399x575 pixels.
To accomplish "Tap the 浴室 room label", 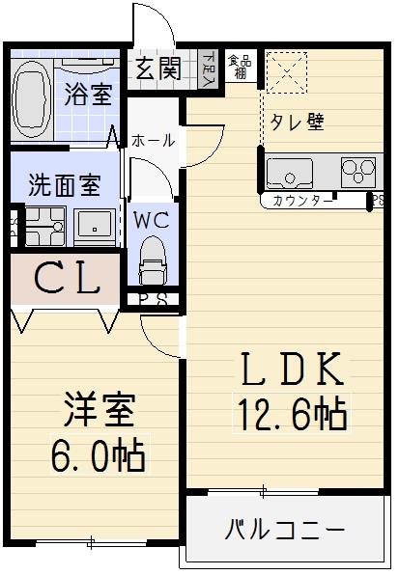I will (88, 95).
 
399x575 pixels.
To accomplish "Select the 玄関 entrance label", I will (157, 68).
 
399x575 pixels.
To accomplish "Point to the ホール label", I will (153, 140).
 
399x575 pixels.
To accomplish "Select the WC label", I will (152, 219).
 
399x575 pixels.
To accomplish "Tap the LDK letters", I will (288, 370).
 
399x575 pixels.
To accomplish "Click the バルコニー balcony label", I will (286, 530).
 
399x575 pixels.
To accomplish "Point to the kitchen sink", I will (289, 175).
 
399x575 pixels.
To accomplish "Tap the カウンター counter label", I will (303, 201).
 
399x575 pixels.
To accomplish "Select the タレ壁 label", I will (296, 122).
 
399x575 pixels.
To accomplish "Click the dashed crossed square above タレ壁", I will (284, 70).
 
